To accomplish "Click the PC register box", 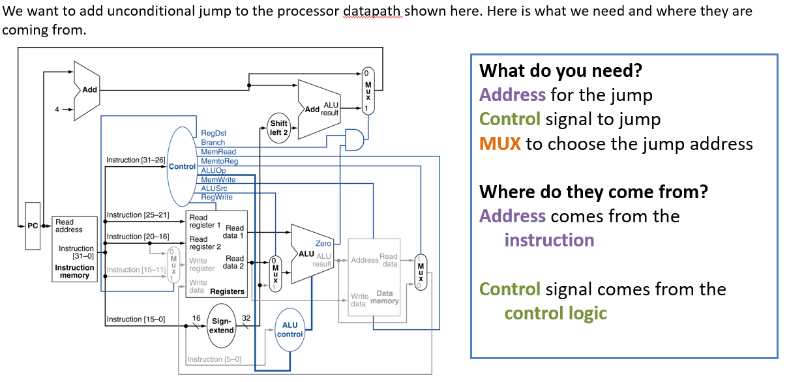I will (x=33, y=226).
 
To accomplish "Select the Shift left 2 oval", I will (x=278, y=128).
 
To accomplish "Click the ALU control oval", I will (x=290, y=329).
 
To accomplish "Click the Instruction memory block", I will (x=74, y=248).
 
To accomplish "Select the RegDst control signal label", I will (x=213, y=133).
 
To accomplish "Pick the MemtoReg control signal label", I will (x=219, y=160).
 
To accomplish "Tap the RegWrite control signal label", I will (x=216, y=197).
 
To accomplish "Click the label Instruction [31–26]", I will (x=136, y=160).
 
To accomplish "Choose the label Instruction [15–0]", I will (x=136, y=319).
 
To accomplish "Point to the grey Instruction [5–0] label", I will (x=214, y=359).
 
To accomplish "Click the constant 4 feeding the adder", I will (x=57, y=110).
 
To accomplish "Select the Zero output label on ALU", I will (x=323, y=243).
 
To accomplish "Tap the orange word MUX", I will (x=500, y=143).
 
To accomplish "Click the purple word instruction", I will (x=549, y=240).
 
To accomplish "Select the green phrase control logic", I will (x=556, y=313).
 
